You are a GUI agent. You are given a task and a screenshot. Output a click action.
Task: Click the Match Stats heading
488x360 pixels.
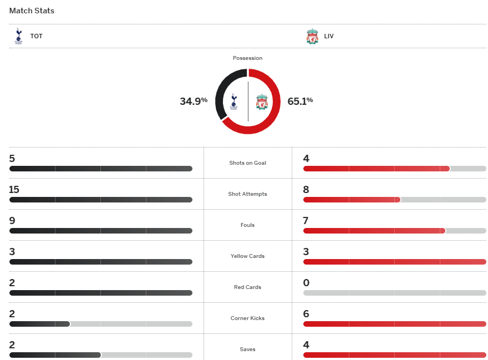[32, 11]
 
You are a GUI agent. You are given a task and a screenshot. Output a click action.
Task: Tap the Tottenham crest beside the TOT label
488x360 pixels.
[18, 36]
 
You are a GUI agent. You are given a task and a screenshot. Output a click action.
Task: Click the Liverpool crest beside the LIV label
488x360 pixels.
[312, 37]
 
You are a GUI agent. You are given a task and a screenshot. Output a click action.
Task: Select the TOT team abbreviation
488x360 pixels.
[36, 37]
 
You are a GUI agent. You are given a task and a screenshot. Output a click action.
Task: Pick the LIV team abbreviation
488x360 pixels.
[329, 37]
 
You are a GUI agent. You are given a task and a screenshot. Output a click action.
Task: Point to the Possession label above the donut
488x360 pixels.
[247, 58]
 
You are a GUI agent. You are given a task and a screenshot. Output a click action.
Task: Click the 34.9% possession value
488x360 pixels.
[194, 101]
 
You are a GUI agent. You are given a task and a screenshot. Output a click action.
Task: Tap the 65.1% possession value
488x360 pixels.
[300, 101]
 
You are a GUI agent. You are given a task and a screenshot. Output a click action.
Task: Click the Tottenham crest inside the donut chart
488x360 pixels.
[233, 101]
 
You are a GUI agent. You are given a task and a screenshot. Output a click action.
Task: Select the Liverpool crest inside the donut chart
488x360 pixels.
[262, 102]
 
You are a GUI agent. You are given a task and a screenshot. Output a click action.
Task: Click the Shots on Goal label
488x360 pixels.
[247, 163]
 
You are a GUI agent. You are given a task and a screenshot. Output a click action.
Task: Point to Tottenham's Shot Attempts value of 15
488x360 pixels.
[14, 190]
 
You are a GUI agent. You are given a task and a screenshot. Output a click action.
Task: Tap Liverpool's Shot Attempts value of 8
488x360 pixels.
[306, 190]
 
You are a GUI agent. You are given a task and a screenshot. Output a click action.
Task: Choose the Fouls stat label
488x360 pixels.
[247, 225]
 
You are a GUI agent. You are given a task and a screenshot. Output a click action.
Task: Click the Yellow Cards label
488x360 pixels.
[247, 256]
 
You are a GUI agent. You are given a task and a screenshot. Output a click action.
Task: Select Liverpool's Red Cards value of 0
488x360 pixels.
[306, 283]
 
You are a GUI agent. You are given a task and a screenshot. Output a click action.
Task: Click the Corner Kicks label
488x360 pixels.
[247, 318]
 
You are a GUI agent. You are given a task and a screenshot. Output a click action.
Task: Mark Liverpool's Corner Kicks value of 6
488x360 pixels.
[306, 314]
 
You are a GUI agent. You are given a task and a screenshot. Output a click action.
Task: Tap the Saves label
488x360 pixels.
[247, 349]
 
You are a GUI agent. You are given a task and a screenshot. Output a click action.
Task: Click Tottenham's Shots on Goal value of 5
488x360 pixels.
[12, 159]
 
